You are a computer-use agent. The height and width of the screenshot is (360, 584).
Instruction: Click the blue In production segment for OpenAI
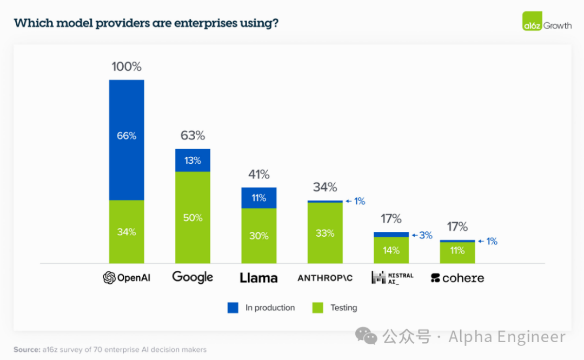127,140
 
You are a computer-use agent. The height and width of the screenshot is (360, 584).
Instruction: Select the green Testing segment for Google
193,217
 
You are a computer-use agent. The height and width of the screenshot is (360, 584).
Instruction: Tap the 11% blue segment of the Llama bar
258,198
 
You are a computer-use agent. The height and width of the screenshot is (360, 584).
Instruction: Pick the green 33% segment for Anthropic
325,233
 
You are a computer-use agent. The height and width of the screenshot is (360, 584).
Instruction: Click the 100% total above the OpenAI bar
127,67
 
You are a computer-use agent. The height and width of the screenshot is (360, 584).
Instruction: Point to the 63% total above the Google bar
193,136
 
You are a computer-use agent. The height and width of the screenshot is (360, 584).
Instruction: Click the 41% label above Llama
258,175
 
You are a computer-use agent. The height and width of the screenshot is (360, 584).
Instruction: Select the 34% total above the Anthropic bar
325,188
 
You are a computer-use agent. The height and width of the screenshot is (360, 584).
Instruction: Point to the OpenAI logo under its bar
127,278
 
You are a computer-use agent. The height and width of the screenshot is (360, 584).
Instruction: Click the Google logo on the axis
193,277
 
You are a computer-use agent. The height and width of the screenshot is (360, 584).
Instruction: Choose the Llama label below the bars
258,278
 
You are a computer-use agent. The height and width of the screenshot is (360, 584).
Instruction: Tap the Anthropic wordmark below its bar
325,278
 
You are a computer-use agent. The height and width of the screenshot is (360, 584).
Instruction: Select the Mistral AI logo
392,278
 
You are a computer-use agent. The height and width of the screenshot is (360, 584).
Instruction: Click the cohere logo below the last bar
457,278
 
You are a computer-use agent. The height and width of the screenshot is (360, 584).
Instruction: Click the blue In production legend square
233,308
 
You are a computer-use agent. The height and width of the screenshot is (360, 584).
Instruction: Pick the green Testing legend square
318,308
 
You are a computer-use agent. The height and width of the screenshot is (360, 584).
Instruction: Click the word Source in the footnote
26,350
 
